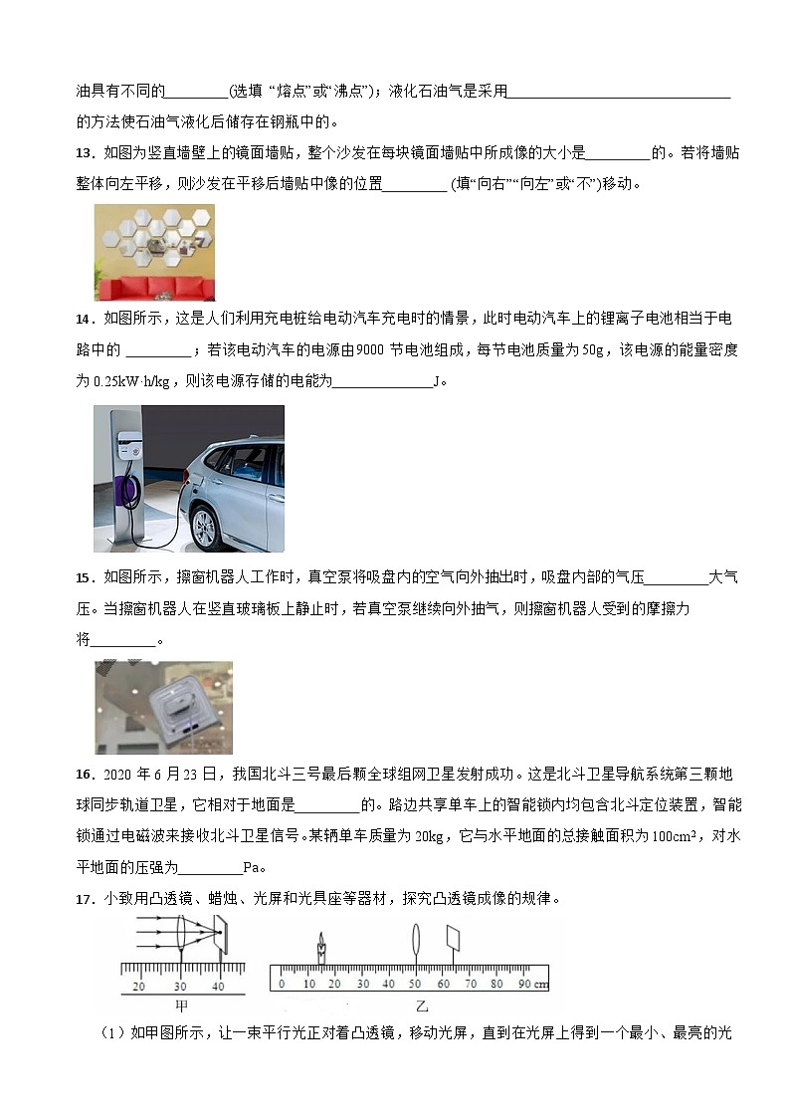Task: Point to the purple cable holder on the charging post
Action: pyautogui.click(x=127, y=490)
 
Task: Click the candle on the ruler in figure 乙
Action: pyautogui.click(x=321, y=948)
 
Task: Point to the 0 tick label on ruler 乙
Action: pyautogui.click(x=282, y=985)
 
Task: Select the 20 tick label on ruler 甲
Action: pyautogui.click(x=138, y=986)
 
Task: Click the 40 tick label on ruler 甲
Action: pyautogui.click(x=219, y=986)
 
